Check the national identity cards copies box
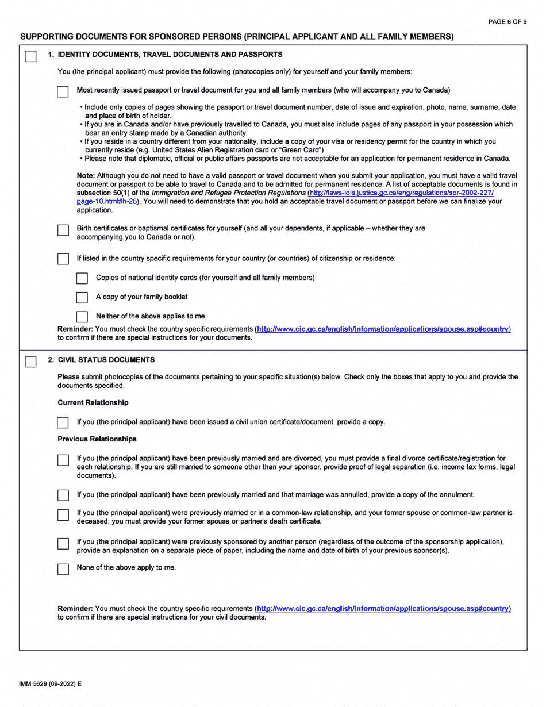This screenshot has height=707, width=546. pyautogui.click(x=82, y=279)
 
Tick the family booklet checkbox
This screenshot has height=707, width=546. pyautogui.click(x=82, y=298)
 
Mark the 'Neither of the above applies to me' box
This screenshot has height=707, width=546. pyautogui.click(x=82, y=317)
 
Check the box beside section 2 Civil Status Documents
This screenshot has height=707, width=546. pyautogui.click(x=30, y=362)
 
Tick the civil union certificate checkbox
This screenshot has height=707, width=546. pyautogui.click(x=63, y=423)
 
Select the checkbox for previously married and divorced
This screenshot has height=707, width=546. pyautogui.click(x=63, y=460)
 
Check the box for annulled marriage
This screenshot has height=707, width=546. pyautogui.click(x=63, y=495)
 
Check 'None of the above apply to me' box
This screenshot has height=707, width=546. pyautogui.click(x=63, y=569)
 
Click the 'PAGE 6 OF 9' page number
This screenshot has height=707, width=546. pyautogui.click(x=507, y=22)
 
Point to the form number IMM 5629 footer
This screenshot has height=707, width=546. pyautogui.click(x=51, y=684)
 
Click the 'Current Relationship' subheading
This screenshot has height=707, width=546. pyautogui.click(x=93, y=402)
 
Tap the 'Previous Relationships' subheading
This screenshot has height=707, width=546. pyautogui.click(x=97, y=439)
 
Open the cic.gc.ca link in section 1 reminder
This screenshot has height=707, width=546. pyautogui.click(x=383, y=329)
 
